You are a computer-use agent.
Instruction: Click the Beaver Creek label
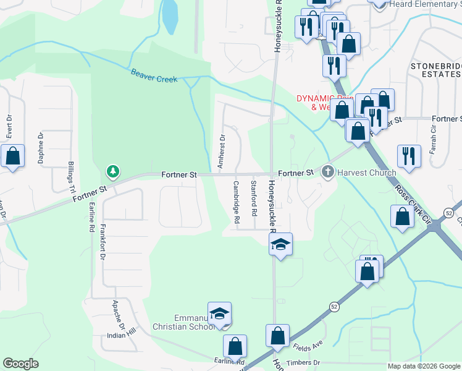[x=154, y=76]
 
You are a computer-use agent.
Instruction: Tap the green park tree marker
[x=112, y=170]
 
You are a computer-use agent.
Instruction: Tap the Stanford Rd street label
[x=253, y=198]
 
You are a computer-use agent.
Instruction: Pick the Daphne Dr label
[x=41, y=147]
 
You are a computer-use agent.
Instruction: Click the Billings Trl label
[x=71, y=176]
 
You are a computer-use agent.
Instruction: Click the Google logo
[x=21, y=364]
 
